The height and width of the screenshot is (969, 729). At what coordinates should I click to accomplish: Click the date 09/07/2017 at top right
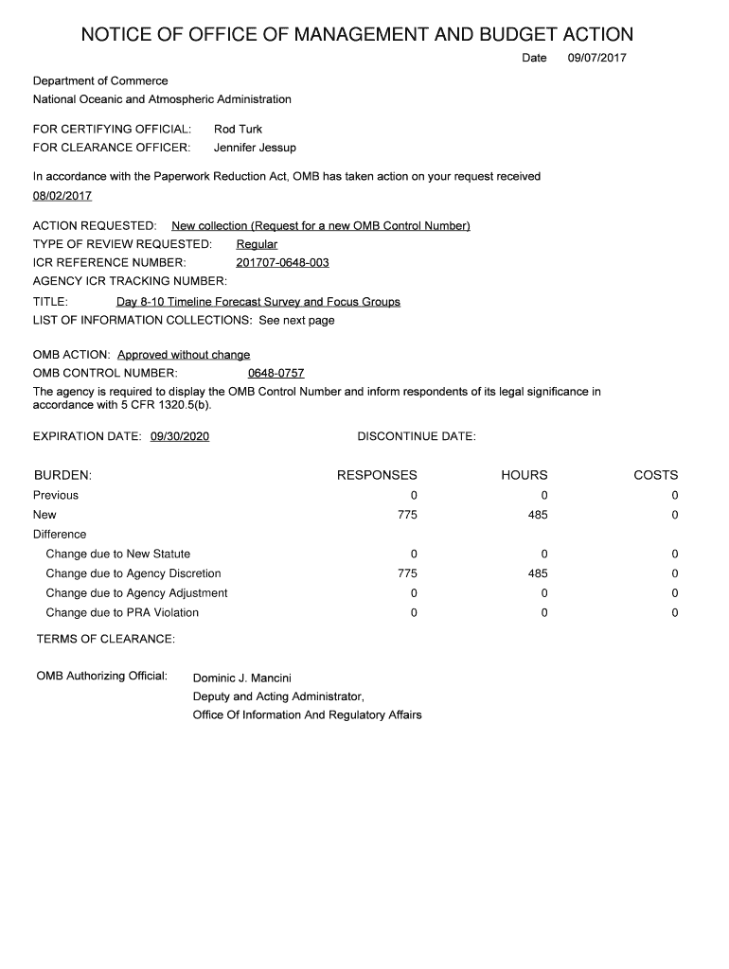(596, 59)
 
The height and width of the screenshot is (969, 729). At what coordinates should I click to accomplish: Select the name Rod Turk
(238, 129)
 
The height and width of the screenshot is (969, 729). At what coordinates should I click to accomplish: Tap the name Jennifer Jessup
(255, 148)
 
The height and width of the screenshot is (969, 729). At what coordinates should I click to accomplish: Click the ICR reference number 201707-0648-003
(282, 262)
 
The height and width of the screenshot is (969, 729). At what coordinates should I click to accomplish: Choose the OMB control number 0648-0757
(276, 373)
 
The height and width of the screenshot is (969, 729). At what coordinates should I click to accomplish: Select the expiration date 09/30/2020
(180, 436)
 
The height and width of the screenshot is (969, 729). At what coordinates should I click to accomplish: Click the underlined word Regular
(257, 244)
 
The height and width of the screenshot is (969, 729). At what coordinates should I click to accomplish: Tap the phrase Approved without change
(184, 355)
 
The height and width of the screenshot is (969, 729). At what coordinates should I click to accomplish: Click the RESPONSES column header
(377, 475)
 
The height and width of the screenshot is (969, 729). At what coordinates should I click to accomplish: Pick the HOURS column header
(524, 475)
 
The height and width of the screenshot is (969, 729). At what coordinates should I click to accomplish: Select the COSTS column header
(655, 475)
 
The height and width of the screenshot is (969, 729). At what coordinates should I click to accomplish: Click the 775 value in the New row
(407, 515)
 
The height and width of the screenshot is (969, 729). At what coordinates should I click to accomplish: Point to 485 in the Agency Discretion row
(538, 573)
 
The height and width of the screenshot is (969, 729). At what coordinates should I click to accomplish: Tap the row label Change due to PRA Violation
(122, 612)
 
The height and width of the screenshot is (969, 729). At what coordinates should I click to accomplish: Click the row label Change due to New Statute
(117, 554)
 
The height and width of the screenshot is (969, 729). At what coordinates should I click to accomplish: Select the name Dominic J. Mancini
(242, 678)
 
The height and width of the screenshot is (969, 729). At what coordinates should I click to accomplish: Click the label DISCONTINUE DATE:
(416, 436)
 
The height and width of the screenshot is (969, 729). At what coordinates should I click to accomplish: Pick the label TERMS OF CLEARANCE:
(105, 640)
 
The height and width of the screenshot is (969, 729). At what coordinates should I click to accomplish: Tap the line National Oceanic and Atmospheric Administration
(162, 99)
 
